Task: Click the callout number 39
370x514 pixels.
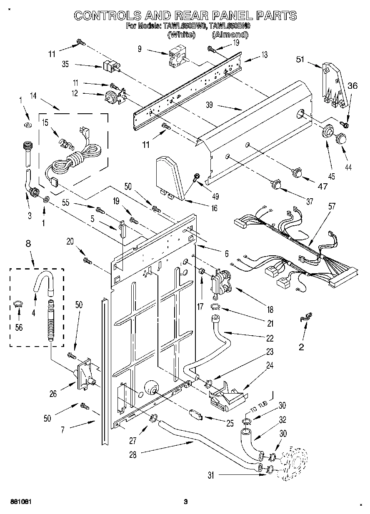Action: (209, 105)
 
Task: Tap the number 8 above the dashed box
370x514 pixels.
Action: (28, 245)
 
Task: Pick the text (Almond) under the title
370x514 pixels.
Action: (230, 35)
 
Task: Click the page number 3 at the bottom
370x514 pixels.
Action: (186, 502)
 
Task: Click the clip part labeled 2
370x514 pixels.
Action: (305, 318)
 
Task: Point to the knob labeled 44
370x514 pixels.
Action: (341, 138)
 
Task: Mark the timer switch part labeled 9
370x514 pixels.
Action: (176, 58)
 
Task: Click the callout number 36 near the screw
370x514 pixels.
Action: (352, 86)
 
